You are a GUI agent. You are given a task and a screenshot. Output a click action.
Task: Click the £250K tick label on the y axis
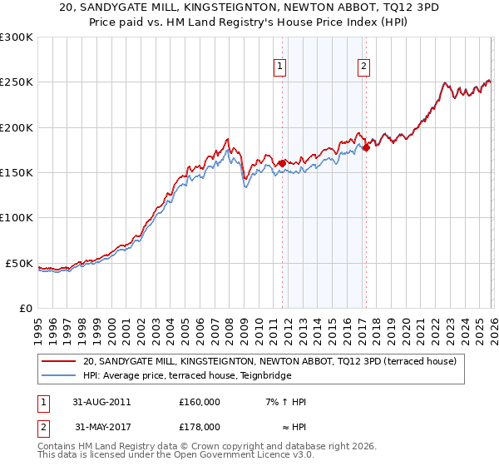click(x=17, y=82)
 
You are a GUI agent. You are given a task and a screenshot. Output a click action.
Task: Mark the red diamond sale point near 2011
click(x=282, y=163)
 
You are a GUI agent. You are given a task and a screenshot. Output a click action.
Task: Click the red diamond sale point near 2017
click(x=366, y=147)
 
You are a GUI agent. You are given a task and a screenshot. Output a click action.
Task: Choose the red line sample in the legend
click(x=60, y=362)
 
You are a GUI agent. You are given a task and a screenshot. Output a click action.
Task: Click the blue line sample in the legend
click(x=60, y=375)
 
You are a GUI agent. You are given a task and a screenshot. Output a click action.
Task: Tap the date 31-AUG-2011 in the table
click(x=101, y=402)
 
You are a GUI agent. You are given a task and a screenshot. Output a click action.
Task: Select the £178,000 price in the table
click(x=200, y=426)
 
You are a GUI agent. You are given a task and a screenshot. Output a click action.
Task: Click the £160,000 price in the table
click(x=200, y=402)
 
